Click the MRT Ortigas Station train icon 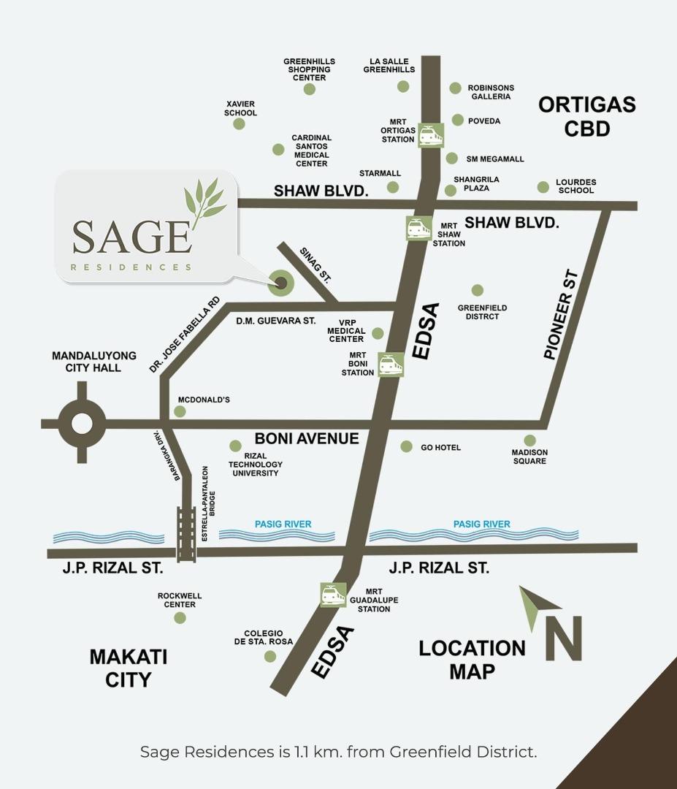click(x=431, y=135)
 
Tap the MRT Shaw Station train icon click(x=418, y=229)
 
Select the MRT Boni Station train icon click(x=391, y=365)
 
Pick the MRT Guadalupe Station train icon click(x=333, y=595)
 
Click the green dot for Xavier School click(x=239, y=123)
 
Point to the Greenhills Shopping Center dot click(x=310, y=89)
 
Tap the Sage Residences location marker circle click(x=280, y=282)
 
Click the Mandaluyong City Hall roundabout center click(x=82, y=423)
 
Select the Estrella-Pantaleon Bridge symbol click(x=186, y=534)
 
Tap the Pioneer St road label click(x=561, y=315)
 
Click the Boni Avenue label click(x=307, y=439)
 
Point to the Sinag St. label click(x=315, y=264)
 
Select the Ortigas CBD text click(x=587, y=116)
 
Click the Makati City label click(x=129, y=668)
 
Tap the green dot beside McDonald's click(x=180, y=412)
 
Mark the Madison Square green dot click(x=529, y=441)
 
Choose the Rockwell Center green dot click(x=180, y=618)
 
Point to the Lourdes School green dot click(x=543, y=187)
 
